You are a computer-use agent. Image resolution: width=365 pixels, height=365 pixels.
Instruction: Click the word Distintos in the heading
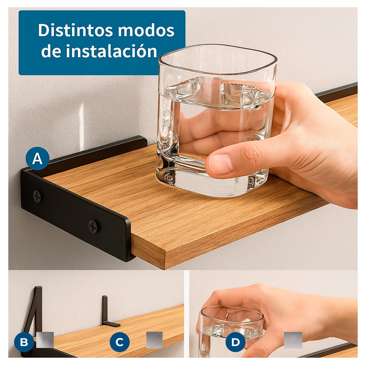[x=75, y=30]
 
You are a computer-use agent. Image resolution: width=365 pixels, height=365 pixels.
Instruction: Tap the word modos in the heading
[x=146, y=30]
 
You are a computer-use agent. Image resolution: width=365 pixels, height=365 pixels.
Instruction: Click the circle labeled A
[x=37, y=158]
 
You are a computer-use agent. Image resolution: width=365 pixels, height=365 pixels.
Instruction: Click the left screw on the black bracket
[x=37, y=196]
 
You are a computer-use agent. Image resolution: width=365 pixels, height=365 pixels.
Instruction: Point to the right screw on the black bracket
[x=93, y=227]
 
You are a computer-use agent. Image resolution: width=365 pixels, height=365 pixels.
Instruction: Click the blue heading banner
[x=102, y=43]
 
